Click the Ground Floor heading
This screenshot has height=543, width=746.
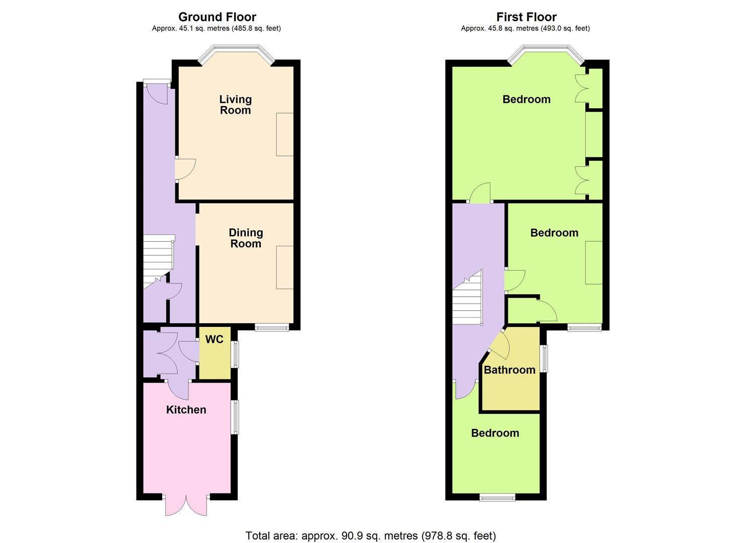[217, 17]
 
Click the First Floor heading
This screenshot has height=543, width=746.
[526, 17]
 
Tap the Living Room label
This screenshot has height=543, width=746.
[236, 105]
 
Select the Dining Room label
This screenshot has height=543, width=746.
[246, 238]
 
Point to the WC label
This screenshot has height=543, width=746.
[214, 339]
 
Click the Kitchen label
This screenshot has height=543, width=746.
[186, 410]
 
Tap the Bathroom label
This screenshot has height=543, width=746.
[509, 370]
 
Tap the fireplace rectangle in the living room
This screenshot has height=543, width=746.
[285, 134]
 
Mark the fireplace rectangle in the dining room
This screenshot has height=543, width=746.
[285, 267]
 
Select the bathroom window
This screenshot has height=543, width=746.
[544, 358]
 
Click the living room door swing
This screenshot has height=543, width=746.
[185, 169]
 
